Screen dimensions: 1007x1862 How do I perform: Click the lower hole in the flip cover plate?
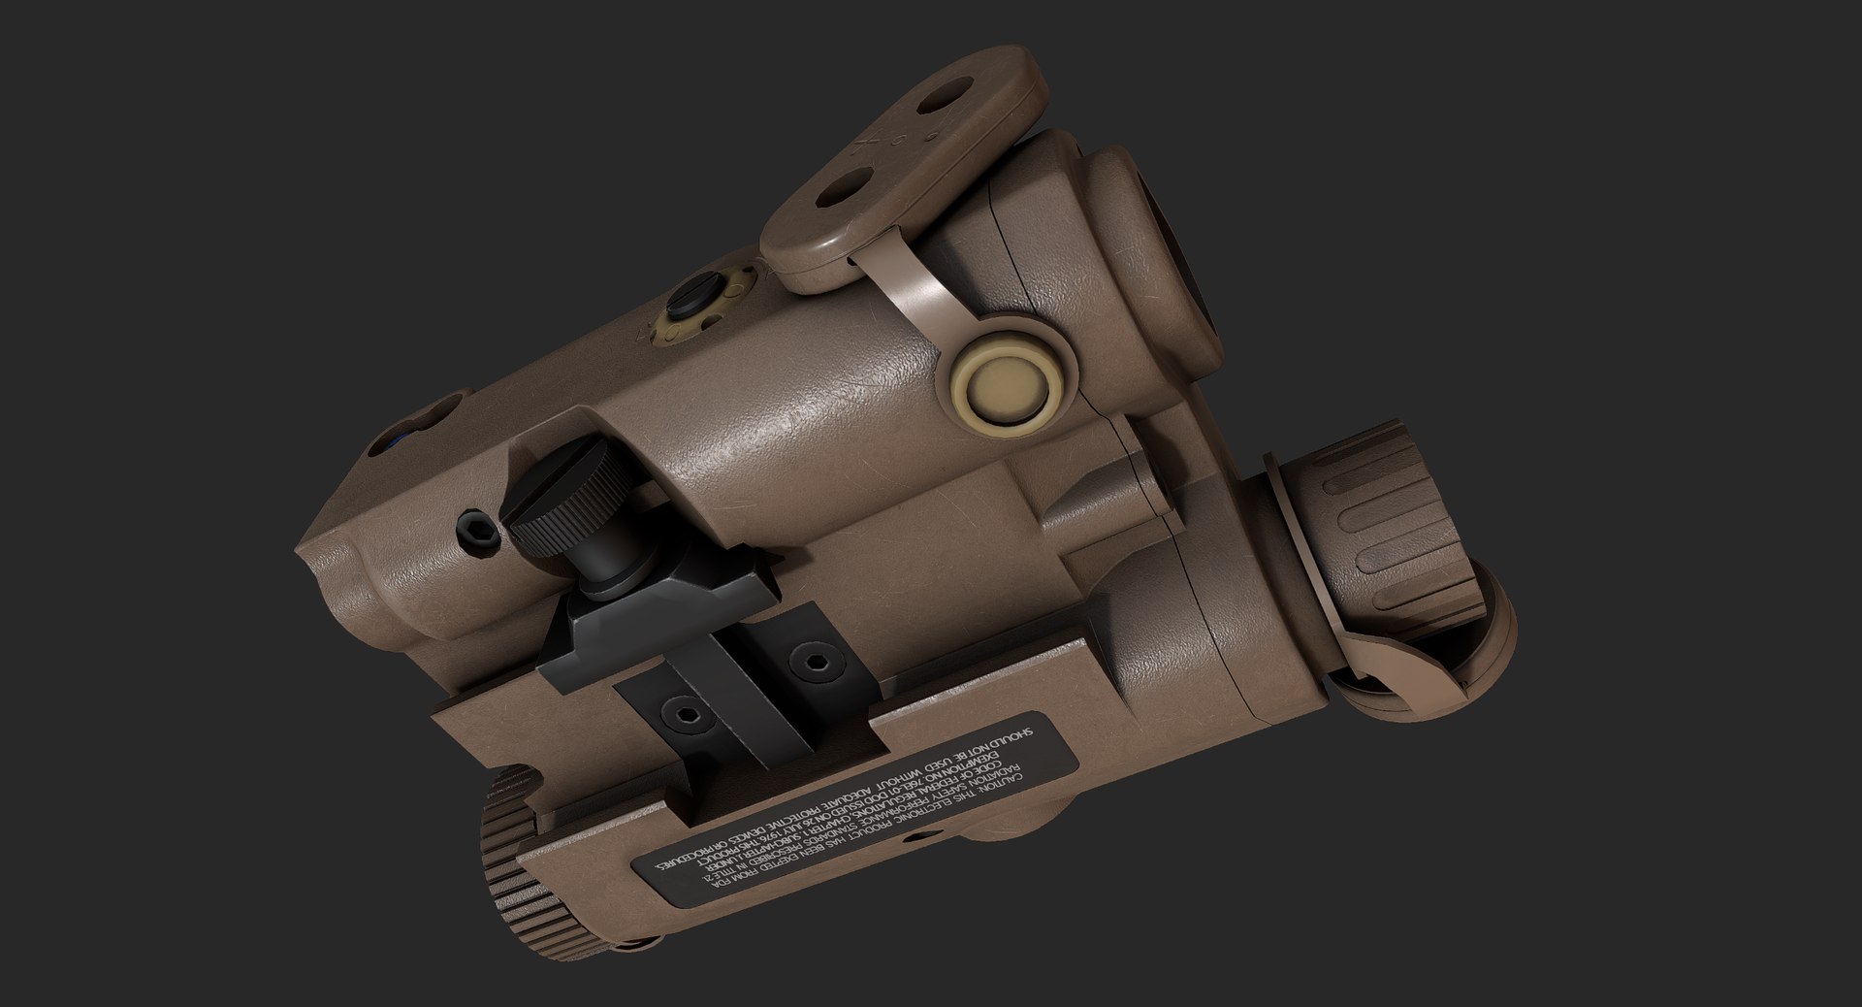tap(837, 193)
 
